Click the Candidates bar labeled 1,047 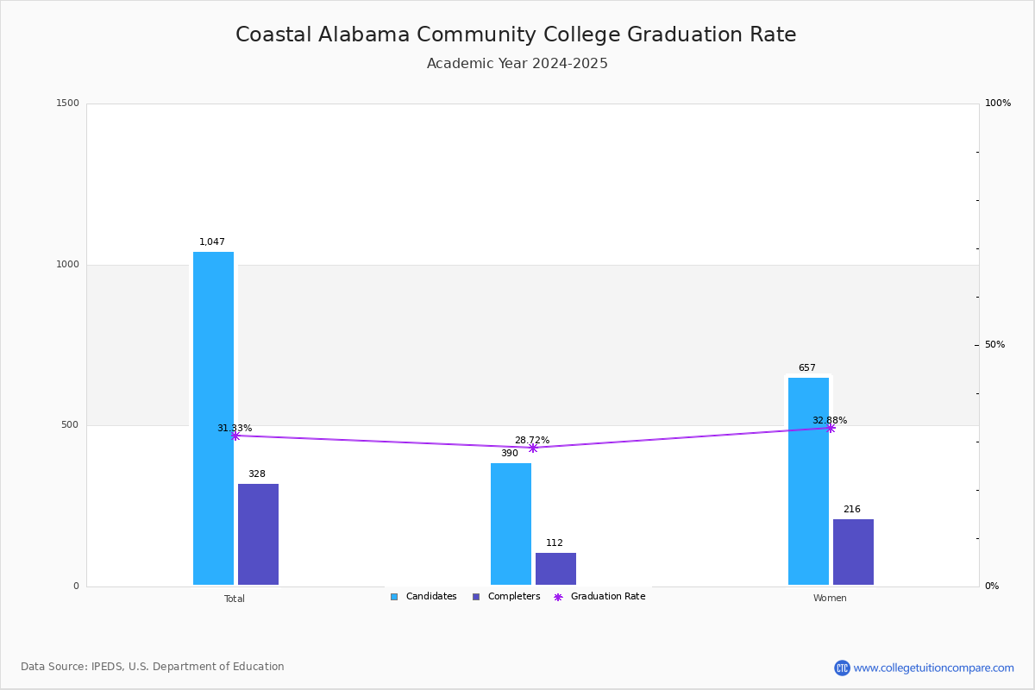click(x=213, y=418)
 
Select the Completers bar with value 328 click(x=258, y=534)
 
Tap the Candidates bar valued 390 click(x=511, y=524)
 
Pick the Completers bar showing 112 click(x=555, y=568)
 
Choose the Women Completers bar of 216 click(x=853, y=552)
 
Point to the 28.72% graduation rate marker click(x=533, y=448)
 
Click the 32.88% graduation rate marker click(x=831, y=428)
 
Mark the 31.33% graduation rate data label click(x=235, y=429)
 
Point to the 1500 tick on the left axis click(x=67, y=103)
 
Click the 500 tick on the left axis click(x=69, y=425)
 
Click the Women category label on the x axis click(x=830, y=599)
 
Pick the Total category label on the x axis click(x=235, y=599)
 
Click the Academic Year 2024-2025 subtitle click(x=517, y=64)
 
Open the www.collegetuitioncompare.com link click(x=933, y=668)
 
